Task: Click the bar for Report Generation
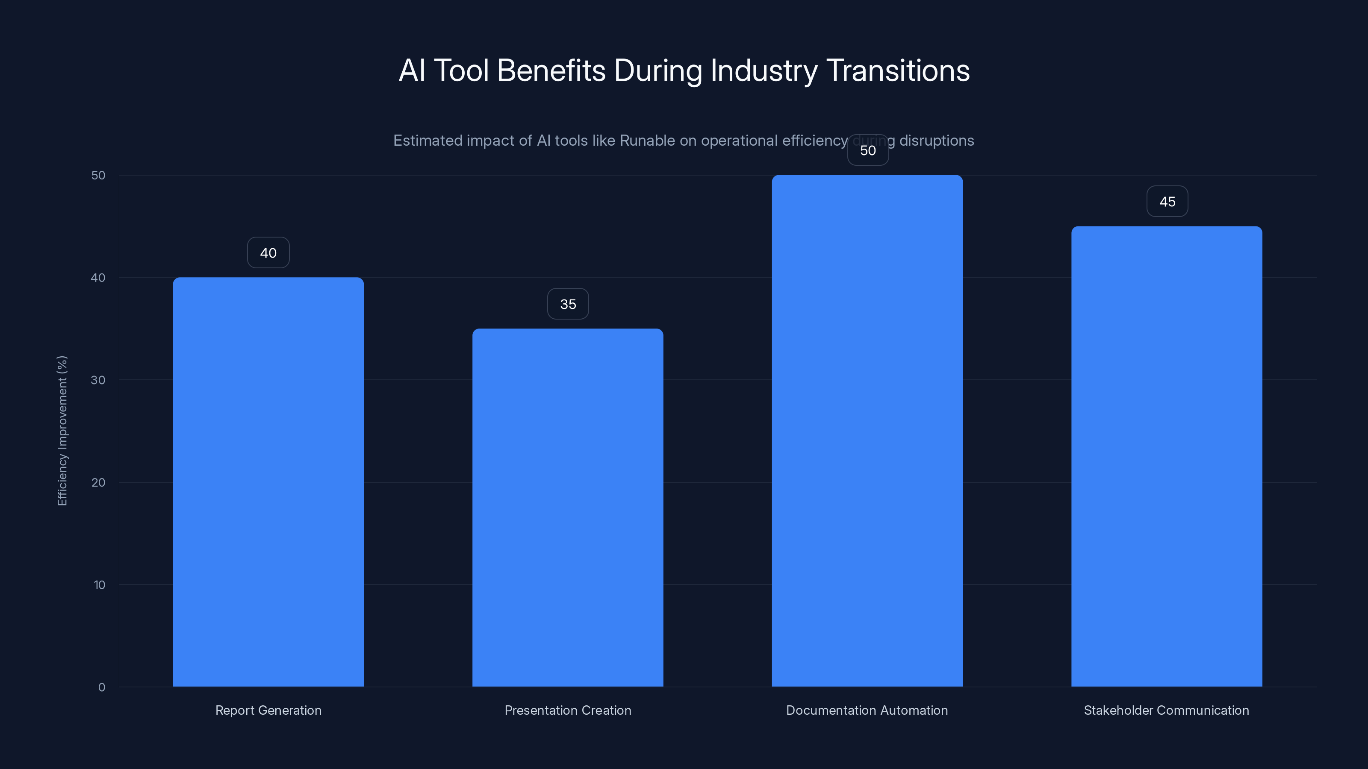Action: [268, 482]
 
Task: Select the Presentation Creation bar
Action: [568, 508]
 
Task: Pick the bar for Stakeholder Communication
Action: [1166, 456]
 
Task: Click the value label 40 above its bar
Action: [268, 252]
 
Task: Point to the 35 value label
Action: [568, 304]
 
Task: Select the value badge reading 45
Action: [1167, 202]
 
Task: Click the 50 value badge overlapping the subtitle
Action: [868, 151]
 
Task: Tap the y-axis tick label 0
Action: [101, 687]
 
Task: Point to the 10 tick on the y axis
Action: [99, 585]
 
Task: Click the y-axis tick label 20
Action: [98, 482]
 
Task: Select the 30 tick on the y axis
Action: [98, 380]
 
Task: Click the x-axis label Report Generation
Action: [268, 710]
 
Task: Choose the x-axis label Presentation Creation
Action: [568, 710]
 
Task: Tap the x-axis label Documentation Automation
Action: [867, 710]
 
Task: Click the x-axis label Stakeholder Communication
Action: [1166, 710]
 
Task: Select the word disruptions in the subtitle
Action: [936, 141]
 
